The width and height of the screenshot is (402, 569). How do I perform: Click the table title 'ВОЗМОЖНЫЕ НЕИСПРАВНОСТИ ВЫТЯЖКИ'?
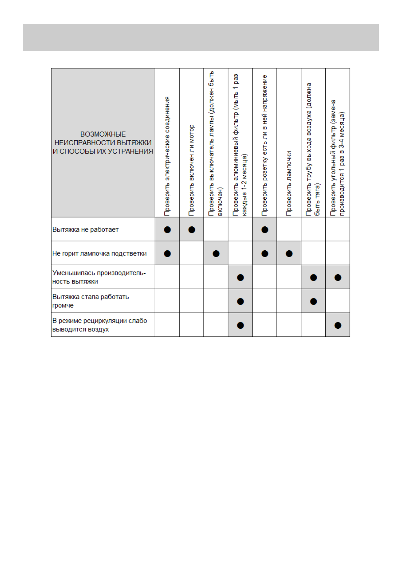click(x=103, y=143)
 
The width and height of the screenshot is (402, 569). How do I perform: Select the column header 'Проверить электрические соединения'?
click(x=167, y=156)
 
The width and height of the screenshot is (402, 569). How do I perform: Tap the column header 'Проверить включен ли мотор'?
click(x=191, y=170)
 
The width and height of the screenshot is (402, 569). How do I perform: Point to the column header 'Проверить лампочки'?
click(x=289, y=183)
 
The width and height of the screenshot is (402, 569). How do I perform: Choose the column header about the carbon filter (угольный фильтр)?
click(x=338, y=157)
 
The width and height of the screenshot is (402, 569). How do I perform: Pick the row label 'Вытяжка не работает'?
click(x=85, y=229)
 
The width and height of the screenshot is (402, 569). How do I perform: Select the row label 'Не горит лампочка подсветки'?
click(x=99, y=253)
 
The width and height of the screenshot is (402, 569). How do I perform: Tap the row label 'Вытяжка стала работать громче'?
click(x=90, y=301)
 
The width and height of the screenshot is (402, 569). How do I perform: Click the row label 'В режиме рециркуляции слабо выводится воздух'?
click(x=99, y=325)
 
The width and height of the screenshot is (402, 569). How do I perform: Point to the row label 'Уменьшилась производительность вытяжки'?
click(x=99, y=277)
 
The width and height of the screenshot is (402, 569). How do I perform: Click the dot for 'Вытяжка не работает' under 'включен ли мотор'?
click(x=192, y=230)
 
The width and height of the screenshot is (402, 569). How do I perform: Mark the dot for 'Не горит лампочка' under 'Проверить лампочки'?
click(x=289, y=254)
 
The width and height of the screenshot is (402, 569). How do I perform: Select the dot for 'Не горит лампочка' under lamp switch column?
click(x=216, y=254)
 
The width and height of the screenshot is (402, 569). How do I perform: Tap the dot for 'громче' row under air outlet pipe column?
click(x=314, y=301)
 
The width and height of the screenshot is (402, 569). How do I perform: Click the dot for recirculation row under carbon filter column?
click(x=338, y=325)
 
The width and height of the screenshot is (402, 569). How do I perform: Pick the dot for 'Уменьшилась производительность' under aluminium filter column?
click(x=240, y=277)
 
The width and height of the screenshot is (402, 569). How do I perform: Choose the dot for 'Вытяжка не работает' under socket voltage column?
click(x=265, y=230)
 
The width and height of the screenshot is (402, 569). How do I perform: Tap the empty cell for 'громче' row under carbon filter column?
click(x=338, y=301)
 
